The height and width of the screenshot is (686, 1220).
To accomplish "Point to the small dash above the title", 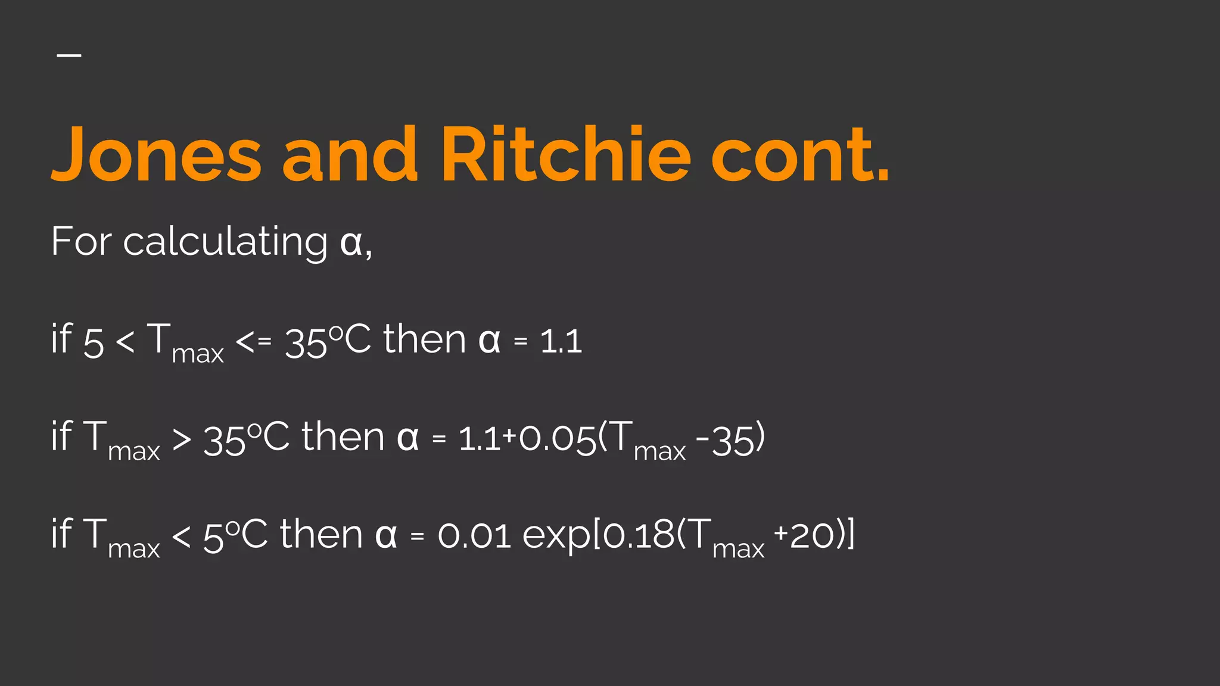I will click(x=69, y=55).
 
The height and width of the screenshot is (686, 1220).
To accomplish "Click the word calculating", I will click(x=225, y=242).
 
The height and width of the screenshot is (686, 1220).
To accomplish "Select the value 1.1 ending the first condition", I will click(x=561, y=342).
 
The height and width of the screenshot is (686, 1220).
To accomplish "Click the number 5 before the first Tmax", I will click(x=94, y=344).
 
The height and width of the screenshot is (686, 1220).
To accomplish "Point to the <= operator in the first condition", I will click(x=254, y=341).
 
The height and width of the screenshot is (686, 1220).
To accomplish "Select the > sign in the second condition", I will click(x=182, y=440).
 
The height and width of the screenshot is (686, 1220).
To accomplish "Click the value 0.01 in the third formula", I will click(x=474, y=536).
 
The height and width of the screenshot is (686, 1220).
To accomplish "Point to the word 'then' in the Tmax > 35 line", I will click(x=343, y=438).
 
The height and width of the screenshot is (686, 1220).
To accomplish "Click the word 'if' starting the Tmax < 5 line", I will click(x=61, y=534).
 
